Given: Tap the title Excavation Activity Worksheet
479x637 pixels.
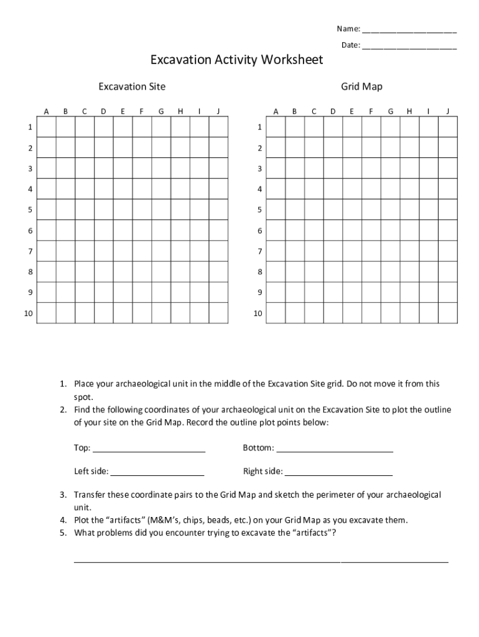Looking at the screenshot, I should coord(236,60).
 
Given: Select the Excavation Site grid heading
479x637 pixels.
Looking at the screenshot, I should coord(132,86).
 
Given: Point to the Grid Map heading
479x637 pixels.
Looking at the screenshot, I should coord(361,86).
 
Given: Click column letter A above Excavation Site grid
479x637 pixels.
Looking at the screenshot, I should coord(46,111).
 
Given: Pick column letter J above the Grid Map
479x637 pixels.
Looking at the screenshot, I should coord(447,111).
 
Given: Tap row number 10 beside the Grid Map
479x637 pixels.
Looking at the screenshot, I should coord(258,314).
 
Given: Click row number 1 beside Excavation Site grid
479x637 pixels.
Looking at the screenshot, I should coord(29,128).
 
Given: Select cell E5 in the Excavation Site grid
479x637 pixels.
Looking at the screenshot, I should coord(123,210).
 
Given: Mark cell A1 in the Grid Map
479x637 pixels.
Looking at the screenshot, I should coord(276,128).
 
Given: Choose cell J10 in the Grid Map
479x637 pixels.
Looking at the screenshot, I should coord(447,313).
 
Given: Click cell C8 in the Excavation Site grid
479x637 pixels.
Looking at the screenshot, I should coord(85,272).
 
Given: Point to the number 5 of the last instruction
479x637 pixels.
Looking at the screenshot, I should coord(63,532).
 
